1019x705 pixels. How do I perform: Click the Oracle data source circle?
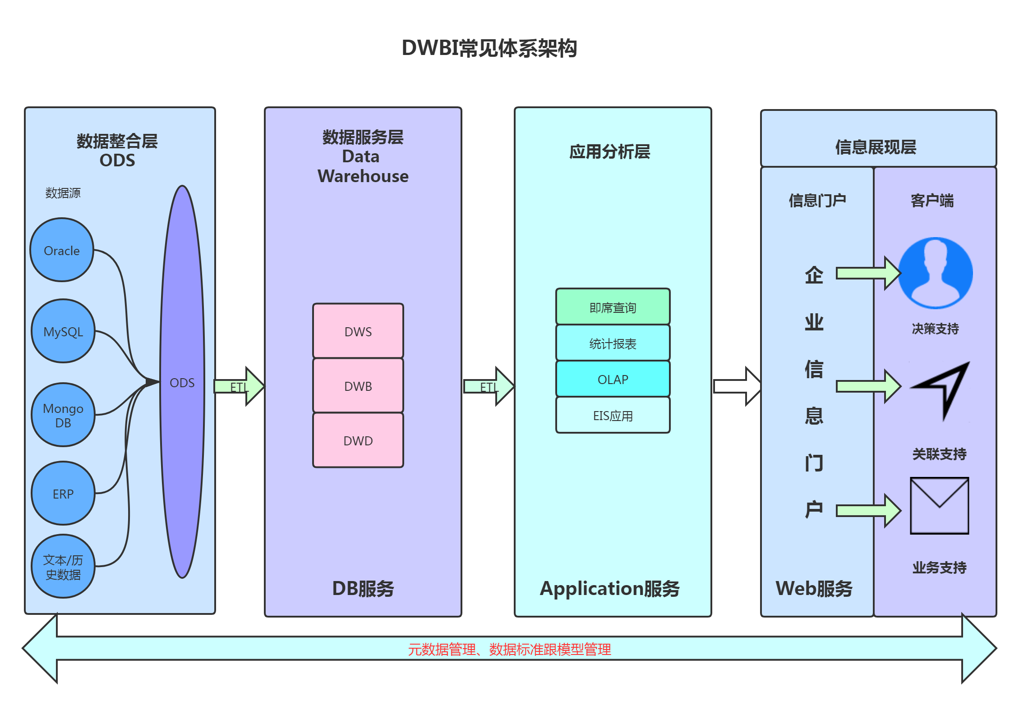click(62, 250)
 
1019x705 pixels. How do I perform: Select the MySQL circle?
click(63, 331)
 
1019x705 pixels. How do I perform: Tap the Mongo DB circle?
click(63, 415)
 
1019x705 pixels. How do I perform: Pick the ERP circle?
click(63, 494)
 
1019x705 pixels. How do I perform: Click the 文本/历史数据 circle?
click(63, 567)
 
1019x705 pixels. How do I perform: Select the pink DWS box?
click(358, 331)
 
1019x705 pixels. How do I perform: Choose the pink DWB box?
click(358, 386)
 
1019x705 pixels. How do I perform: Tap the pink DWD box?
click(358, 440)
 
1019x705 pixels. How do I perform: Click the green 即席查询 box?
click(613, 307)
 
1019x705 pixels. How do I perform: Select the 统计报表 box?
click(613, 343)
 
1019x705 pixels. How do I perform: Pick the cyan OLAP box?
click(613, 379)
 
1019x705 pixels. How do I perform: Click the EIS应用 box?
click(613, 416)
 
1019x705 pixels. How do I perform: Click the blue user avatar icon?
click(935, 273)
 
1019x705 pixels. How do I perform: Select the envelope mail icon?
click(939, 506)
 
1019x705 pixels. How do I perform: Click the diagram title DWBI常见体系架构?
click(489, 48)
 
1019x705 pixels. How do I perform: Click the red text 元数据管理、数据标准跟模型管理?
click(509, 649)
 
